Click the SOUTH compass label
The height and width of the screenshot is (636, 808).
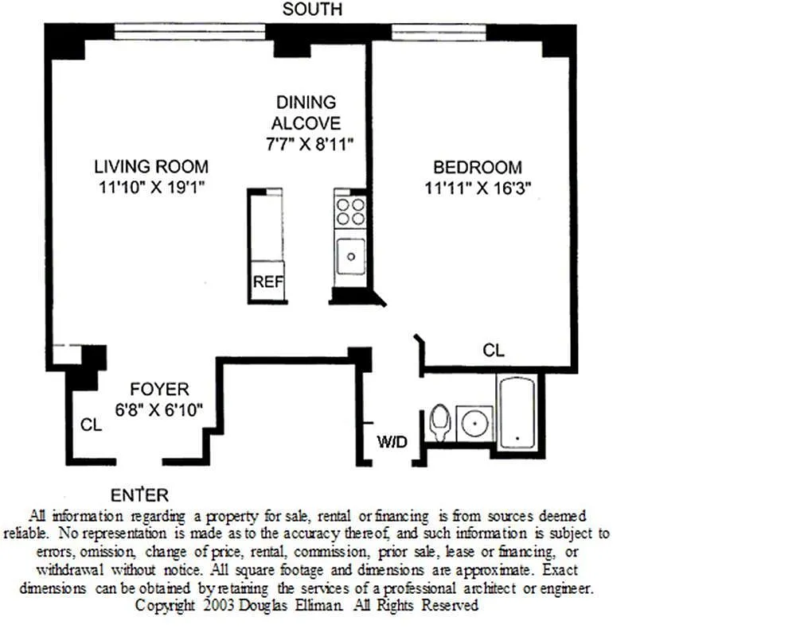click(x=312, y=10)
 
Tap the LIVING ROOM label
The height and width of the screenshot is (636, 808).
click(x=151, y=166)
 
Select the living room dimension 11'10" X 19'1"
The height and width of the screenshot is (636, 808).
click(x=151, y=187)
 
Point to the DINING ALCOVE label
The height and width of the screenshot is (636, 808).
click(x=306, y=113)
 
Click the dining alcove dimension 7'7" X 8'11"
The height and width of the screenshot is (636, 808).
click(x=310, y=144)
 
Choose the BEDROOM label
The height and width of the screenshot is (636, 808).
click(x=477, y=167)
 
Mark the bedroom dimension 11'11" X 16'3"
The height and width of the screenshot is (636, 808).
click(x=478, y=188)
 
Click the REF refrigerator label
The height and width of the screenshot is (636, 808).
click(x=268, y=281)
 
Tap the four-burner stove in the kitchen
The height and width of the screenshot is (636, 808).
click(x=350, y=211)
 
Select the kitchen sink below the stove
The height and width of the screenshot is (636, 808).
click(x=350, y=256)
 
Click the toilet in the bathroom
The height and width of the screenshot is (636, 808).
click(x=439, y=423)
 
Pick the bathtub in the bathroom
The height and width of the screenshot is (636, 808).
click(x=517, y=413)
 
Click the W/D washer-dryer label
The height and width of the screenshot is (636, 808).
click(x=392, y=441)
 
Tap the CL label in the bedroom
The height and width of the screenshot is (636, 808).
click(x=493, y=351)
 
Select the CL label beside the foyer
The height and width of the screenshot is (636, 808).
click(x=92, y=425)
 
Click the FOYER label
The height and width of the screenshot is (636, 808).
click(x=159, y=389)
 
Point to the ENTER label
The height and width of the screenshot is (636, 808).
click(x=139, y=495)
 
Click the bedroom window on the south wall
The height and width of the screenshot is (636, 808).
click(x=439, y=33)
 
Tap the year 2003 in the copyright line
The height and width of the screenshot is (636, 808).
click(x=219, y=605)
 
